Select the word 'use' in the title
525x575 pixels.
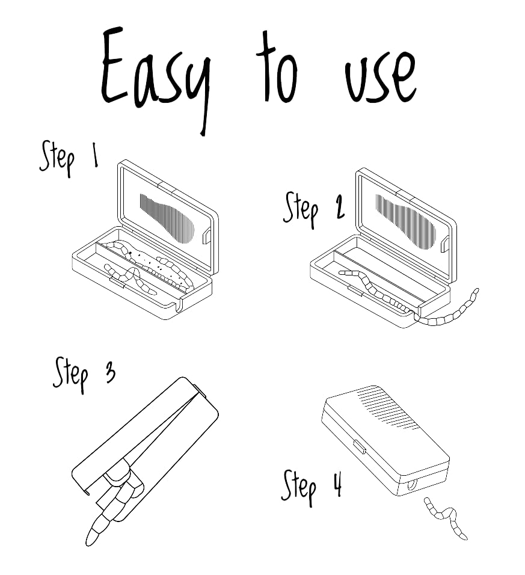click(x=381, y=78)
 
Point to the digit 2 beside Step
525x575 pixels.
click(x=340, y=207)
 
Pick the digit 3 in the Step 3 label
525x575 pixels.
click(x=110, y=372)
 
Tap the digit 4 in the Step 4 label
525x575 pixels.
click(x=337, y=484)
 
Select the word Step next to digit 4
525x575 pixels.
click(x=299, y=488)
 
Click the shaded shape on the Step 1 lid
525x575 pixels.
click(x=167, y=218)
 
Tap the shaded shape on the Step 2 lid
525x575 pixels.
click(x=405, y=221)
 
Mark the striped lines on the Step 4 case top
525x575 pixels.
click(x=388, y=408)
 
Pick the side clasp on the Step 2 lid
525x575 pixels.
click(x=446, y=244)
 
